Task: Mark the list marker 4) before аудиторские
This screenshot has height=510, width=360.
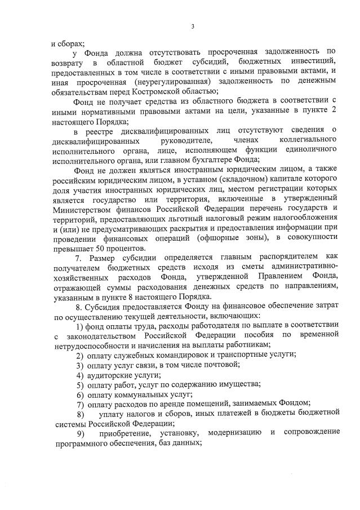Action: [81, 374]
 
